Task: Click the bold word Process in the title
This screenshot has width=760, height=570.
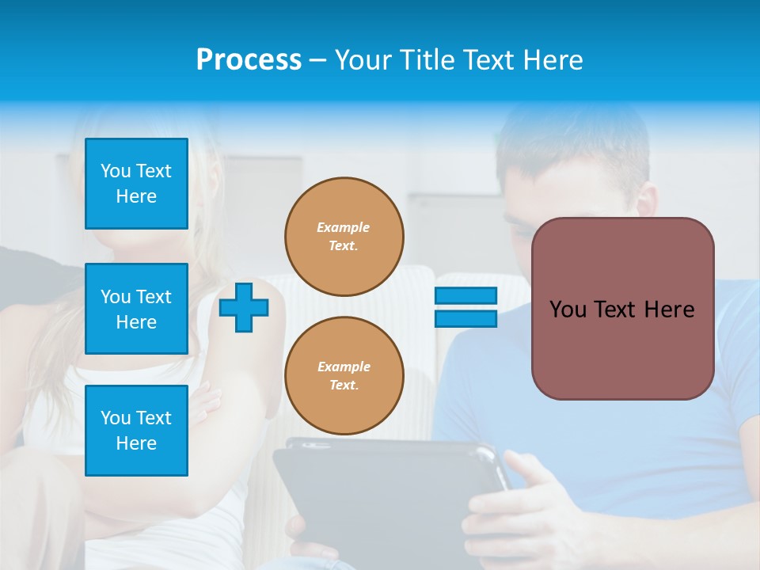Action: click(x=249, y=60)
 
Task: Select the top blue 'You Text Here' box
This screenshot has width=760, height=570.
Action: click(x=136, y=184)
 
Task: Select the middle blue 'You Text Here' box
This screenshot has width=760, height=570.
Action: click(x=136, y=309)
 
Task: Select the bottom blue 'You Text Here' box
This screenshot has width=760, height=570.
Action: click(x=136, y=431)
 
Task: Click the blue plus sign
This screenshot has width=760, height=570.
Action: click(x=244, y=308)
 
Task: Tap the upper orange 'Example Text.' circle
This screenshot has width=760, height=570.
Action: click(x=344, y=237)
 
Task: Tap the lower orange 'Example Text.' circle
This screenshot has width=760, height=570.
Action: click(x=344, y=376)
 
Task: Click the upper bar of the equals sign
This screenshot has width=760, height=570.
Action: click(x=465, y=296)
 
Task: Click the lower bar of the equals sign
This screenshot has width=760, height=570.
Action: click(x=465, y=319)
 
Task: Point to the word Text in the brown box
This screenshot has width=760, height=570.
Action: click(x=620, y=310)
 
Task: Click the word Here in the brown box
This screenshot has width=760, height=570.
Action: click(x=671, y=310)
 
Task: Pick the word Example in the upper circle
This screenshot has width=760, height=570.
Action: click(x=344, y=227)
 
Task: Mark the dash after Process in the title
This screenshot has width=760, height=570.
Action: click(x=318, y=60)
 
